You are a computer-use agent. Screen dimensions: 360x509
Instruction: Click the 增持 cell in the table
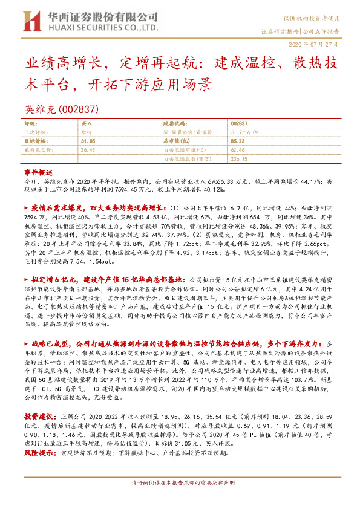coord(86,131)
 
